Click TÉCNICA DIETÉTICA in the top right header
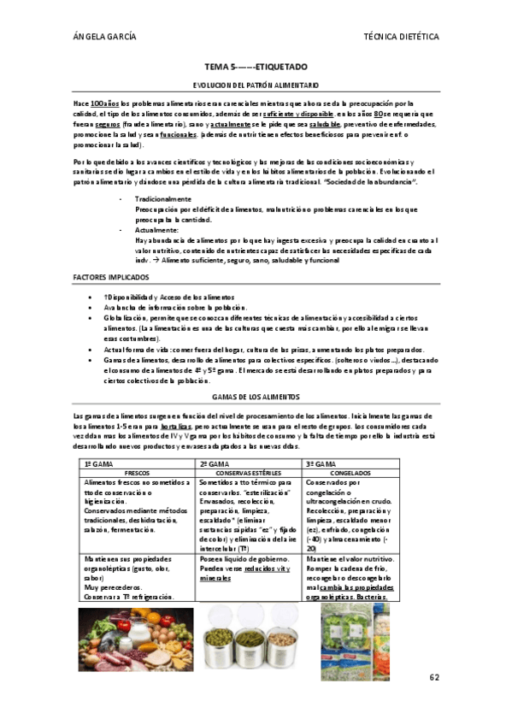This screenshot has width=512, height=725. [x=401, y=37]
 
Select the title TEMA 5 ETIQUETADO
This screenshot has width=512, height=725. [x=256, y=67]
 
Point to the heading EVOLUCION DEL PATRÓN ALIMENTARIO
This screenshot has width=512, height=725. [x=256, y=85]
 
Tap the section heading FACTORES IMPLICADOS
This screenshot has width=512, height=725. [x=111, y=278]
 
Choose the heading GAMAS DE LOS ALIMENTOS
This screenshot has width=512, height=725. [x=256, y=398]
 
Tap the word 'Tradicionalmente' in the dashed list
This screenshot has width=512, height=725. [x=162, y=198]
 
